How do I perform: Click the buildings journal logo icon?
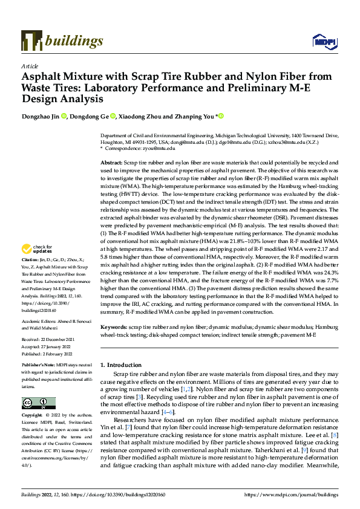coord(32,41)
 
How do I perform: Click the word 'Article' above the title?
coord(30,66)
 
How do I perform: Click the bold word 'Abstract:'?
coord(111,163)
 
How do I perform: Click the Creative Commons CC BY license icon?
coord(38,403)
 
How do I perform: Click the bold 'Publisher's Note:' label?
coord(38,366)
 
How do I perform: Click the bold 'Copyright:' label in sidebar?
coord(33,417)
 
